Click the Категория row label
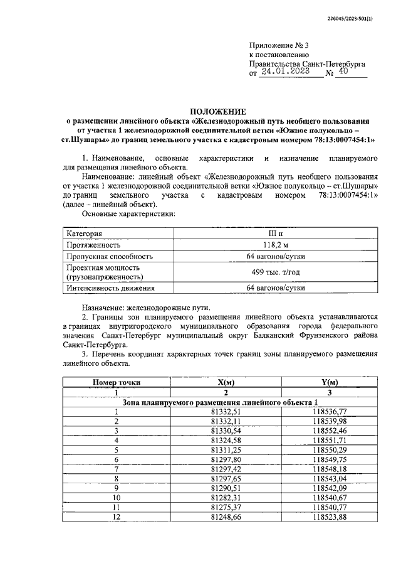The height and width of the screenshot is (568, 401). (85, 234)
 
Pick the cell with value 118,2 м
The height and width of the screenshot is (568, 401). (276, 245)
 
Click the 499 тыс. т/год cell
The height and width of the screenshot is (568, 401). (276, 272)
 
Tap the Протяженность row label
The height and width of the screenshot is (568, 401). (93, 245)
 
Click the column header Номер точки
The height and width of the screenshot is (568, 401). (117, 382)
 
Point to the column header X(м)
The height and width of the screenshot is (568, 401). (226, 382)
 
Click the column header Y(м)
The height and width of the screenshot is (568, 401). (329, 382)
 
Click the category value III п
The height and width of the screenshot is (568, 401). (276, 234)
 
